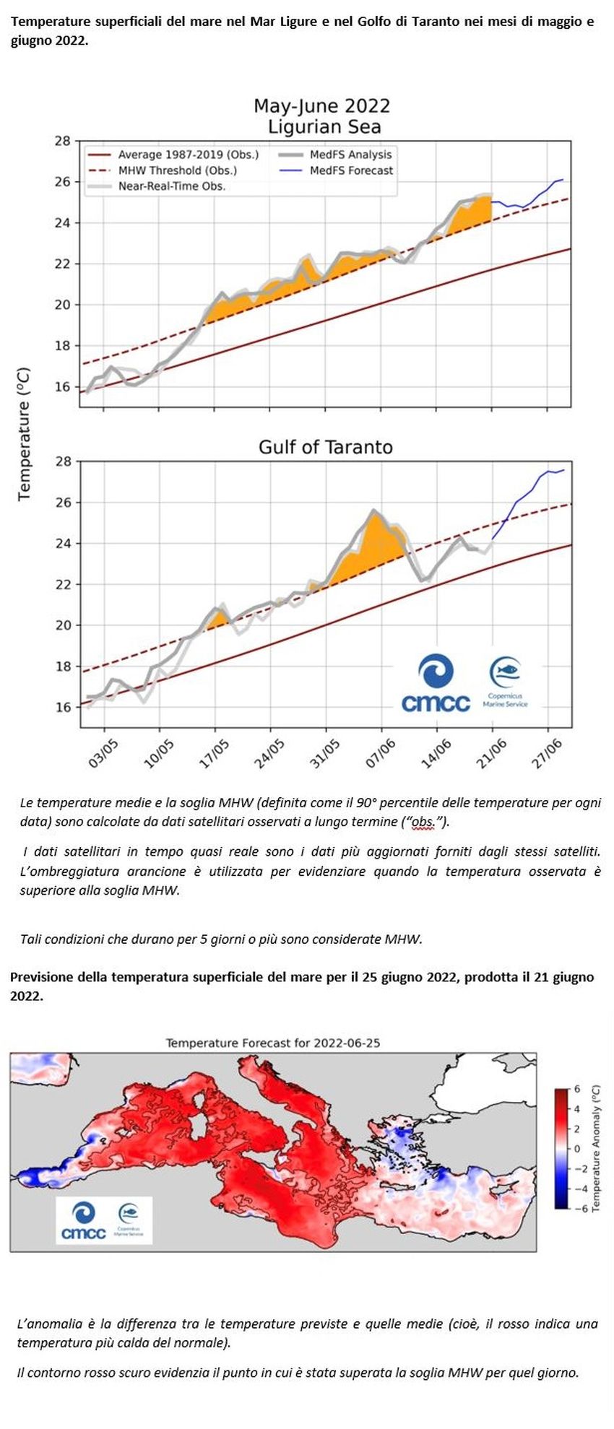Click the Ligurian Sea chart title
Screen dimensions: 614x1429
click(324, 127)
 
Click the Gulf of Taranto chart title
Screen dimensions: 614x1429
click(326, 447)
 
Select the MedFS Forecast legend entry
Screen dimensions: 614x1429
click(336, 170)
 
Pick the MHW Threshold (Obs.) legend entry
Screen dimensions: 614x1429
click(162, 170)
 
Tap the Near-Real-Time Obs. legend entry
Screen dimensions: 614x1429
click(156, 186)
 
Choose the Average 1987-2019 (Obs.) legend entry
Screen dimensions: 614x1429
click(173, 155)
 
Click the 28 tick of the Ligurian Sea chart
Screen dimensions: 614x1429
click(63, 141)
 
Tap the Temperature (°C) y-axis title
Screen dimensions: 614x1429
click(25, 433)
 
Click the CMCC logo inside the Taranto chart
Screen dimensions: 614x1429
click(436, 683)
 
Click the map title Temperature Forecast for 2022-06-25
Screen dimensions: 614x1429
click(273, 1043)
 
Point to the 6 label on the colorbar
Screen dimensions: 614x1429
click(577, 1088)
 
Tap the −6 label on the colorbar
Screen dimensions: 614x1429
click(575, 1208)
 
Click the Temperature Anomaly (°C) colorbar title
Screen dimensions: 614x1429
click(596, 1148)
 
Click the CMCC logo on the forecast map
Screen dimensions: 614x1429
click(84, 1220)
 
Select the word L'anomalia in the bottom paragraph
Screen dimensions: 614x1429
click(48, 1324)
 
